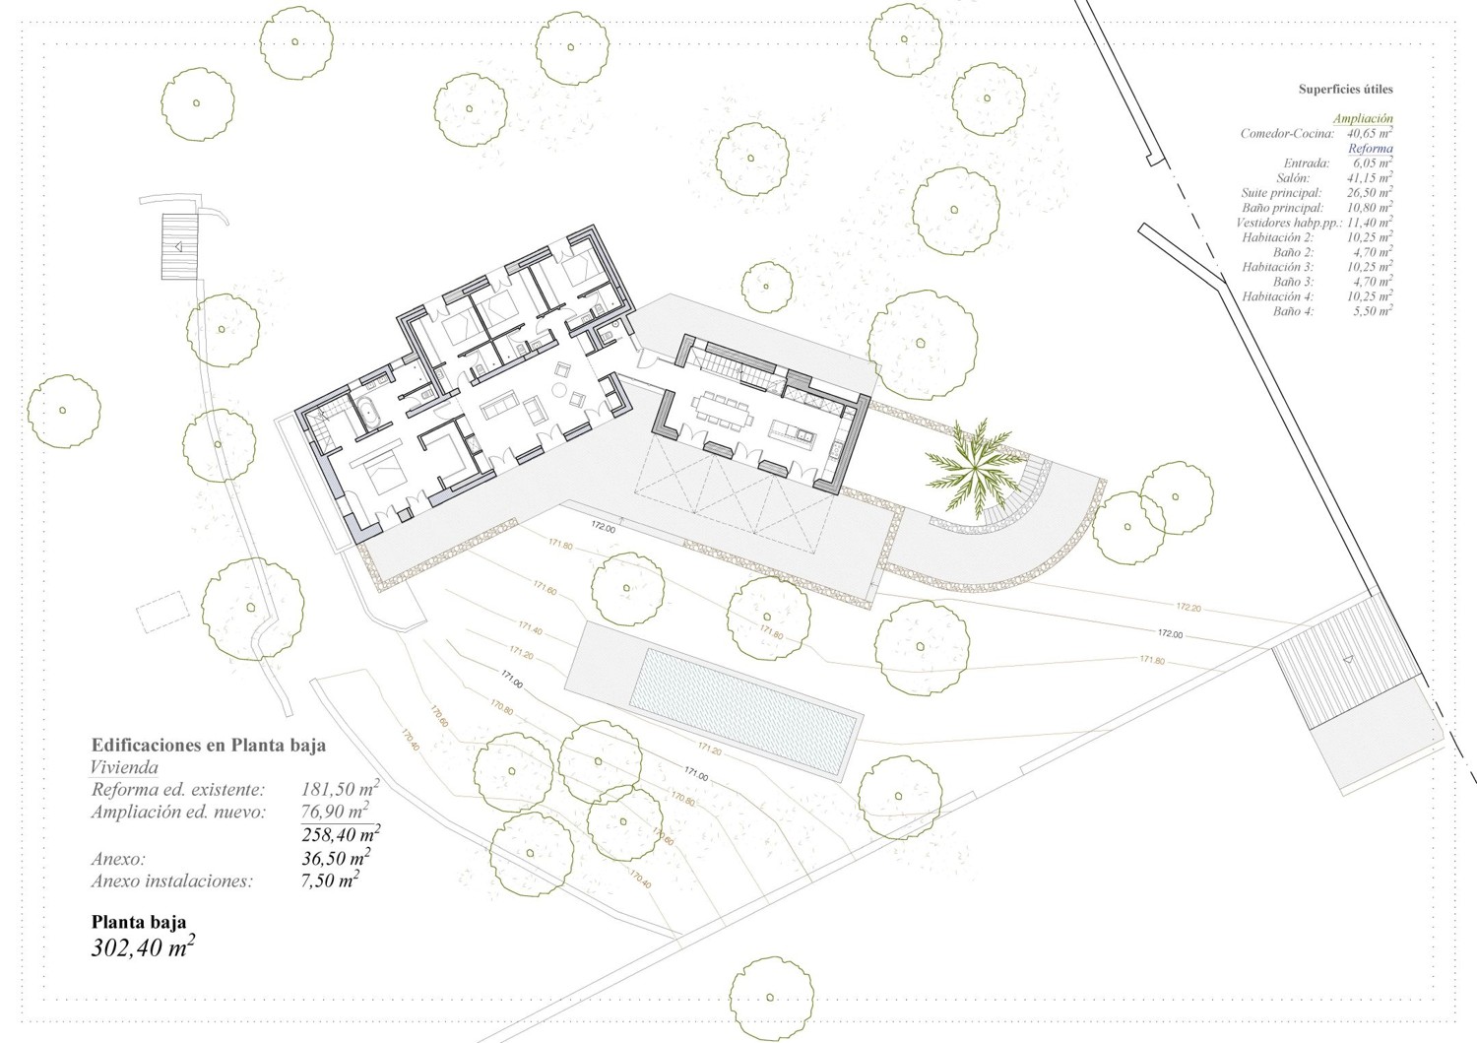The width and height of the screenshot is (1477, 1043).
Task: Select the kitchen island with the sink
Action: click(x=793, y=432)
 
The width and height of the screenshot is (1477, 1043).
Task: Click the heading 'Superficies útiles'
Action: click(x=1345, y=90)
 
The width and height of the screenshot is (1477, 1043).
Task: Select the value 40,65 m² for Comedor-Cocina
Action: click(x=1371, y=134)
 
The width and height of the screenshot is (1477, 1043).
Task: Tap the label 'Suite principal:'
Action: click(x=1281, y=193)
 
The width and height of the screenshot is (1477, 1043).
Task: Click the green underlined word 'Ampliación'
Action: click(x=1363, y=119)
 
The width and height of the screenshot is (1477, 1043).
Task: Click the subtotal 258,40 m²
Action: click(x=341, y=835)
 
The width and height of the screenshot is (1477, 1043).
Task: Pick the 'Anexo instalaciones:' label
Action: click(x=171, y=881)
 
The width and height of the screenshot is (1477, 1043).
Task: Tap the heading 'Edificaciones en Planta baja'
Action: click(x=208, y=746)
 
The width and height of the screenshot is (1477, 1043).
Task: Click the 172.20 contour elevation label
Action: click(x=1188, y=607)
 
